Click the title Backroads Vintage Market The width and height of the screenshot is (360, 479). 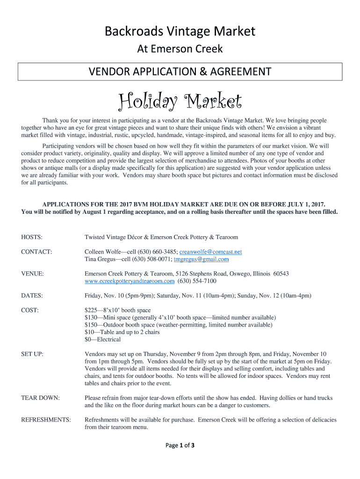[180, 31]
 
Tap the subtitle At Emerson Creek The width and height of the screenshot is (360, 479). [180, 49]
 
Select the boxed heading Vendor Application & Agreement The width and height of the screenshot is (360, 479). [180, 72]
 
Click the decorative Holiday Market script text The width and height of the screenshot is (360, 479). [180, 100]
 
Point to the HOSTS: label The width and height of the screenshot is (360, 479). [32, 237]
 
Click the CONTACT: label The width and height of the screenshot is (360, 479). [36, 252]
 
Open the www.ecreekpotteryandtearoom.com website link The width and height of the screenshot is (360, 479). [130, 281]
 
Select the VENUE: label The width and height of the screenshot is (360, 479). [33, 274]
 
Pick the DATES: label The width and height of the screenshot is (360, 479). [32, 296]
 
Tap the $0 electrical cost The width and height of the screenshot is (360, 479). [88, 339]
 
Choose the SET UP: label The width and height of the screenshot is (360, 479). [32, 354]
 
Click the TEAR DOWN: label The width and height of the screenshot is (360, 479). [40, 398]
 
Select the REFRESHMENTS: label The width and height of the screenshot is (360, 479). [46, 420]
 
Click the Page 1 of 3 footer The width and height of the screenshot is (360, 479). [180, 445]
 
